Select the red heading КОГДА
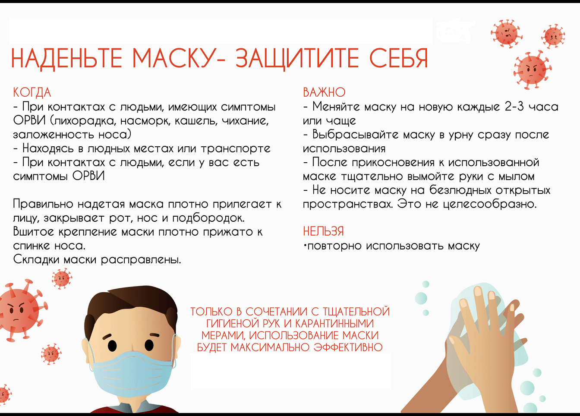(32, 93)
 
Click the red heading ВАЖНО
(324, 92)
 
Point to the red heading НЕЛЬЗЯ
(323, 231)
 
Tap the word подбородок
(208, 218)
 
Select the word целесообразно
(490, 204)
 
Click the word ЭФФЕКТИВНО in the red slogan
(348, 347)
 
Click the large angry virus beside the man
(19, 310)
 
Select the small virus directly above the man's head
(62, 278)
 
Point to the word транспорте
(236, 149)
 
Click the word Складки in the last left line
(36, 259)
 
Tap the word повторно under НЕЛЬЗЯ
(334, 246)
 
